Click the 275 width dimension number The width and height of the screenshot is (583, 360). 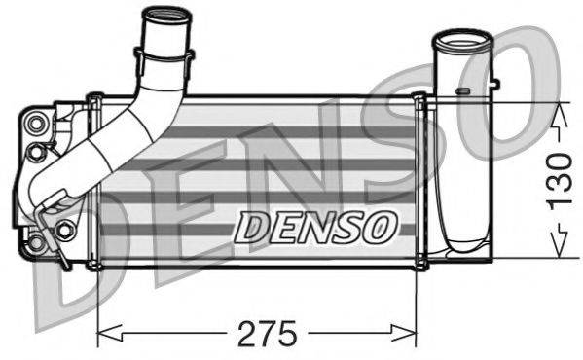pos(267,333)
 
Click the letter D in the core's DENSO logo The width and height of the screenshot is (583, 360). pos(252,226)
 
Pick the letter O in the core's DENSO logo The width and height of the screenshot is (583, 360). pos(380,226)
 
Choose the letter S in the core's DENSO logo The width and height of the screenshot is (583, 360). pos(347,226)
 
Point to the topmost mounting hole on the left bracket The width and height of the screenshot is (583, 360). pos(38,123)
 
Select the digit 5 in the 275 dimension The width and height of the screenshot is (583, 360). pos(289,333)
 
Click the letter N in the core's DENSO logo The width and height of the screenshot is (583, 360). pos(315,226)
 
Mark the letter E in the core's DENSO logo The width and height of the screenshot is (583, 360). pos(284,226)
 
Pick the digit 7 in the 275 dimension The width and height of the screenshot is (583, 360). pos(267,333)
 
